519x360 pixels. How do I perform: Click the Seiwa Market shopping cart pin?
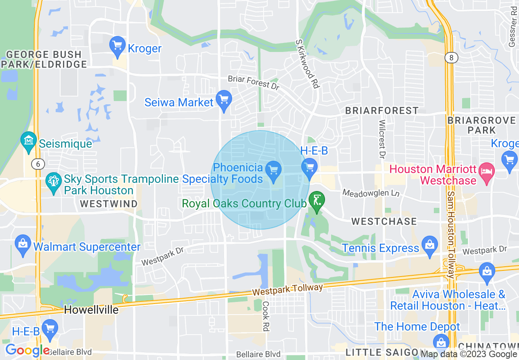click(x=224, y=100)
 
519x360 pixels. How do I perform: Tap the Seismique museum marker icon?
click(x=29, y=141)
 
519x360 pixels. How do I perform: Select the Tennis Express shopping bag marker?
click(x=429, y=245)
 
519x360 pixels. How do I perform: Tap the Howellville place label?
click(x=91, y=310)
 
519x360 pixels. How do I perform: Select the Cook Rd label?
click(x=266, y=316)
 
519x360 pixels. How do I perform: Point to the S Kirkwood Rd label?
click(x=307, y=64)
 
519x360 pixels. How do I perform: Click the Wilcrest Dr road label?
click(x=382, y=139)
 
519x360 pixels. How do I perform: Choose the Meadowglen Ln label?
click(x=371, y=193)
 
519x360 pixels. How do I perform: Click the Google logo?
click(x=27, y=351)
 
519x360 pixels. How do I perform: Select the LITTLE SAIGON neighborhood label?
click(x=381, y=352)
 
